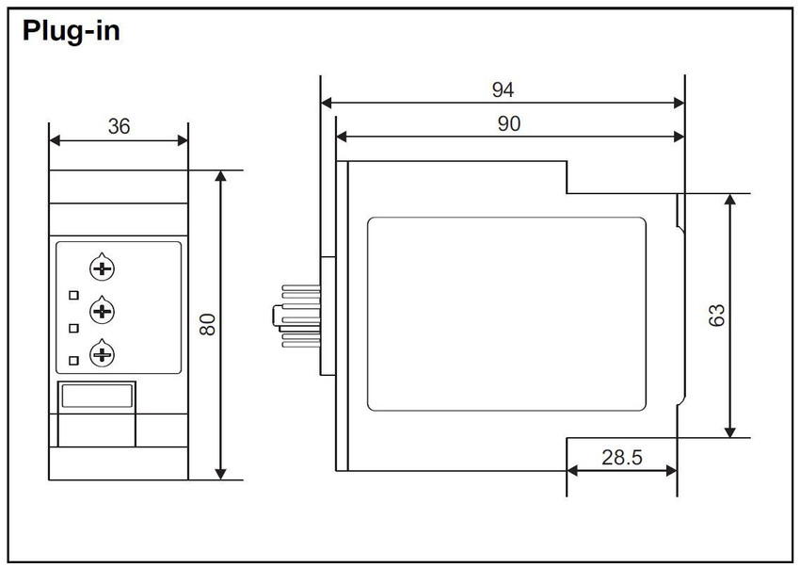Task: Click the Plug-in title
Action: [72, 31]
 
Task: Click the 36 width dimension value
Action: [119, 126]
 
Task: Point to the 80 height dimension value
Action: [208, 324]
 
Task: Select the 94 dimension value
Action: [503, 89]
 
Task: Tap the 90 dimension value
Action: [508, 123]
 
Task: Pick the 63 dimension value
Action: [717, 315]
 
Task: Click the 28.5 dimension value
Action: [621, 457]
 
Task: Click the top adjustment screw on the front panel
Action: [102, 268]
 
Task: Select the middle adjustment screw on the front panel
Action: [102, 311]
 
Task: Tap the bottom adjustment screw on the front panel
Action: [102, 354]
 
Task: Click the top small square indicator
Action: [74, 295]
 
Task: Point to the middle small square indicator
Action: [74, 328]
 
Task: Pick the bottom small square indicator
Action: [74, 361]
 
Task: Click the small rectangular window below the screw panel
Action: [97, 396]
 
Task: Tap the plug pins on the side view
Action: [296, 316]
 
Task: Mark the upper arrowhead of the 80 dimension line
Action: [220, 177]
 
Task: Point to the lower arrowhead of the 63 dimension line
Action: [730, 431]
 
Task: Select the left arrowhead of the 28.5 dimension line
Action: [572, 471]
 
